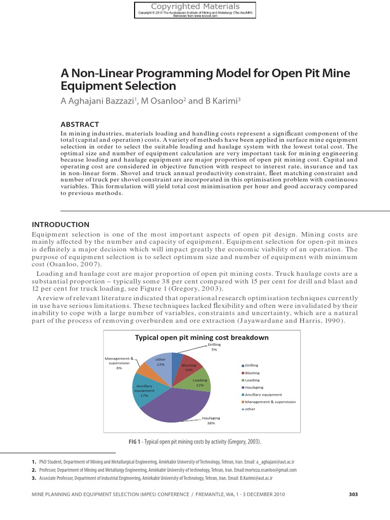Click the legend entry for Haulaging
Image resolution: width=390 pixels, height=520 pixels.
point(254,387)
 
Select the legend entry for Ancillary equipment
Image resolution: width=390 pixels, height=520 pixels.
point(263,395)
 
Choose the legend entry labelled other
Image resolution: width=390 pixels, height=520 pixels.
point(250,409)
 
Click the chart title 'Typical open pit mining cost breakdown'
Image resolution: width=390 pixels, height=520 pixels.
point(202,337)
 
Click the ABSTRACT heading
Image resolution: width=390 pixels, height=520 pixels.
point(80,124)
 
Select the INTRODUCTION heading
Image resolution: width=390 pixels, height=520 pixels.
point(60,224)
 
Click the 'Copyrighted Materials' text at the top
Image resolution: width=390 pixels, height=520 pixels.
point(195,7)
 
